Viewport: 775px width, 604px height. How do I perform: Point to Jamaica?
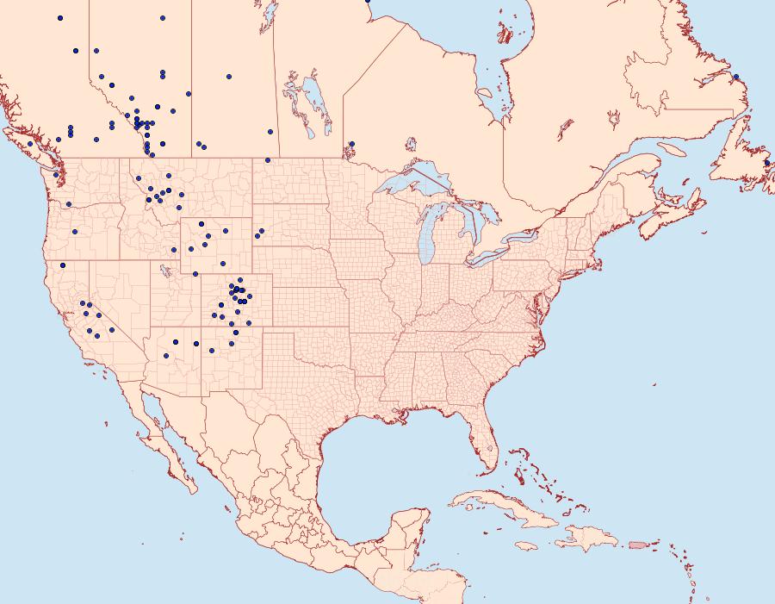(526, 545)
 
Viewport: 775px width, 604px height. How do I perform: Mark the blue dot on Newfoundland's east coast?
(767, 162)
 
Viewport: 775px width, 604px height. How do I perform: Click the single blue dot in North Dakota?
(268, 160)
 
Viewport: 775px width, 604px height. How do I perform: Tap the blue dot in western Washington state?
(56, 175)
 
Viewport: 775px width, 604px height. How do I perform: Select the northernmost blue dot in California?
(63, 265)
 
